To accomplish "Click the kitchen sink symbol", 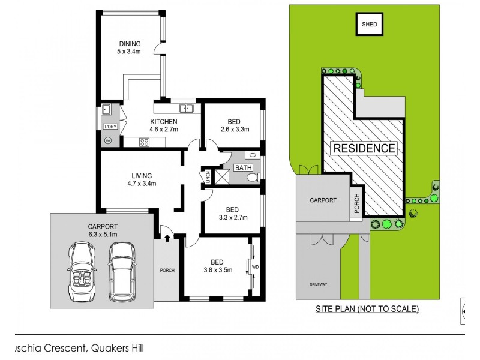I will tap(187, 108).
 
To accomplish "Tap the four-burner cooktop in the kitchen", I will tap(145, 142).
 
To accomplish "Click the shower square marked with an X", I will tap(223, 176).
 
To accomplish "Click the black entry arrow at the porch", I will tap(166, 239).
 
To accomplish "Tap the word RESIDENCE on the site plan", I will tap(364, 148).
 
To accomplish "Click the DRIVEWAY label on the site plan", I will tap(319, 284).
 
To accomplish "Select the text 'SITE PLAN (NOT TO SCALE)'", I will tap(367, 310).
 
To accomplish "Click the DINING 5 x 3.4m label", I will tap(130, 47).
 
